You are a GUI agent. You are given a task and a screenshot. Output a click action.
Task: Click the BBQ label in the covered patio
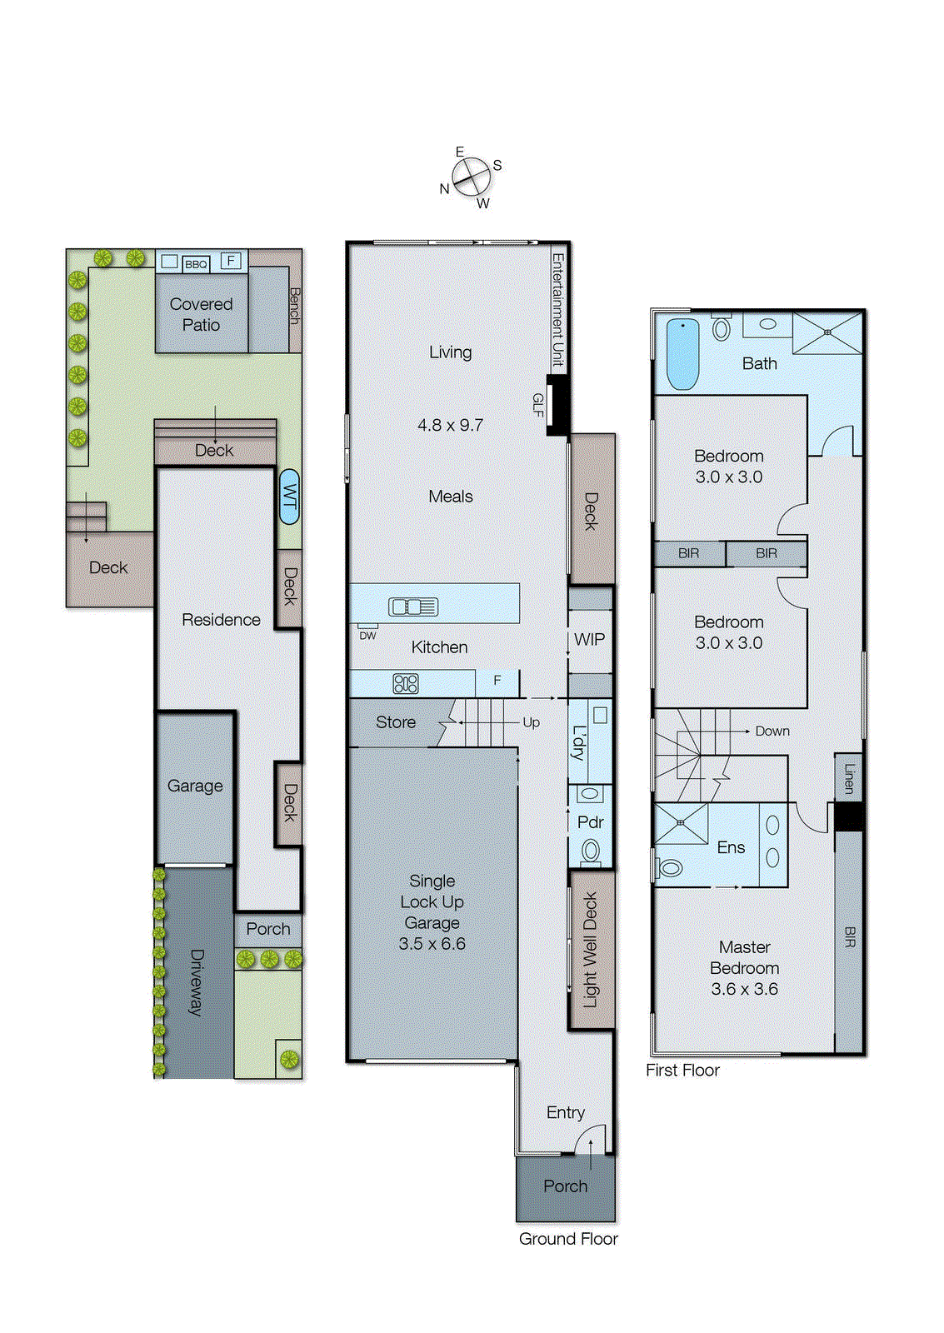point(196,264)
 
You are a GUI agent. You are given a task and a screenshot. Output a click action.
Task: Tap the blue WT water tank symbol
point(289,497)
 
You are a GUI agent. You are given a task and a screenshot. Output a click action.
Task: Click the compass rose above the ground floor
point(471,177)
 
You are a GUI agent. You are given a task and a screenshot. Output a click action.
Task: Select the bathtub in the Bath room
point(682,354)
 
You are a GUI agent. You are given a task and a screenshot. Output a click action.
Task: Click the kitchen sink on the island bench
point(413,607)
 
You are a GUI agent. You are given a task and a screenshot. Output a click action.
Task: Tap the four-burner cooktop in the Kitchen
point(406,684)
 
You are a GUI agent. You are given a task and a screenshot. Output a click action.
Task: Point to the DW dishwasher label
point(367,636)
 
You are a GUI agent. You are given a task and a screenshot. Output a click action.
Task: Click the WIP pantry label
point(589,639)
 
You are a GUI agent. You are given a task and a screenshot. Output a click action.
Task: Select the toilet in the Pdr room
point(591,851)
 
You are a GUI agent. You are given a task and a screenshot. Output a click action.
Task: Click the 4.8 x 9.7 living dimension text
point(450,425)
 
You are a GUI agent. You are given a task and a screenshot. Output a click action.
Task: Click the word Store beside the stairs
point(395,722)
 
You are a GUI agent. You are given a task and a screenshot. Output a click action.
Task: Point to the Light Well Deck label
point(590,950)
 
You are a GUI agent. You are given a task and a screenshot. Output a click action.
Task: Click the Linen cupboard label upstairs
point(849,778)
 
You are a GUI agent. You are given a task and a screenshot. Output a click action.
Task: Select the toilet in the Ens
point(669,868)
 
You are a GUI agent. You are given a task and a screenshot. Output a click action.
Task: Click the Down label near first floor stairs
point(772,731)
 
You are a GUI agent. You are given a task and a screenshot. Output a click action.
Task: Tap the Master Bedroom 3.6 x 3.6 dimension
point(744,989)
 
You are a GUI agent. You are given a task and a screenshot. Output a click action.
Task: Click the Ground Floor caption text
point(568,1239)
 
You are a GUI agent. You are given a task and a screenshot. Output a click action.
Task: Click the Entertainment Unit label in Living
point(557,310)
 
